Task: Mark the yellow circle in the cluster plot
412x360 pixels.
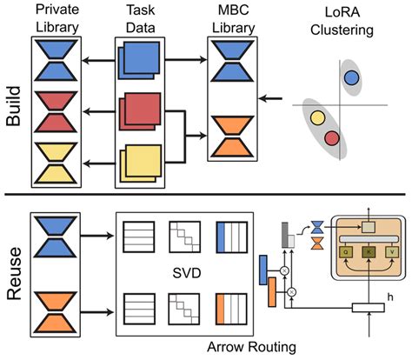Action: pos(316,119)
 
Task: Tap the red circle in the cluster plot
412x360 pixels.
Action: pos(330,137)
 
